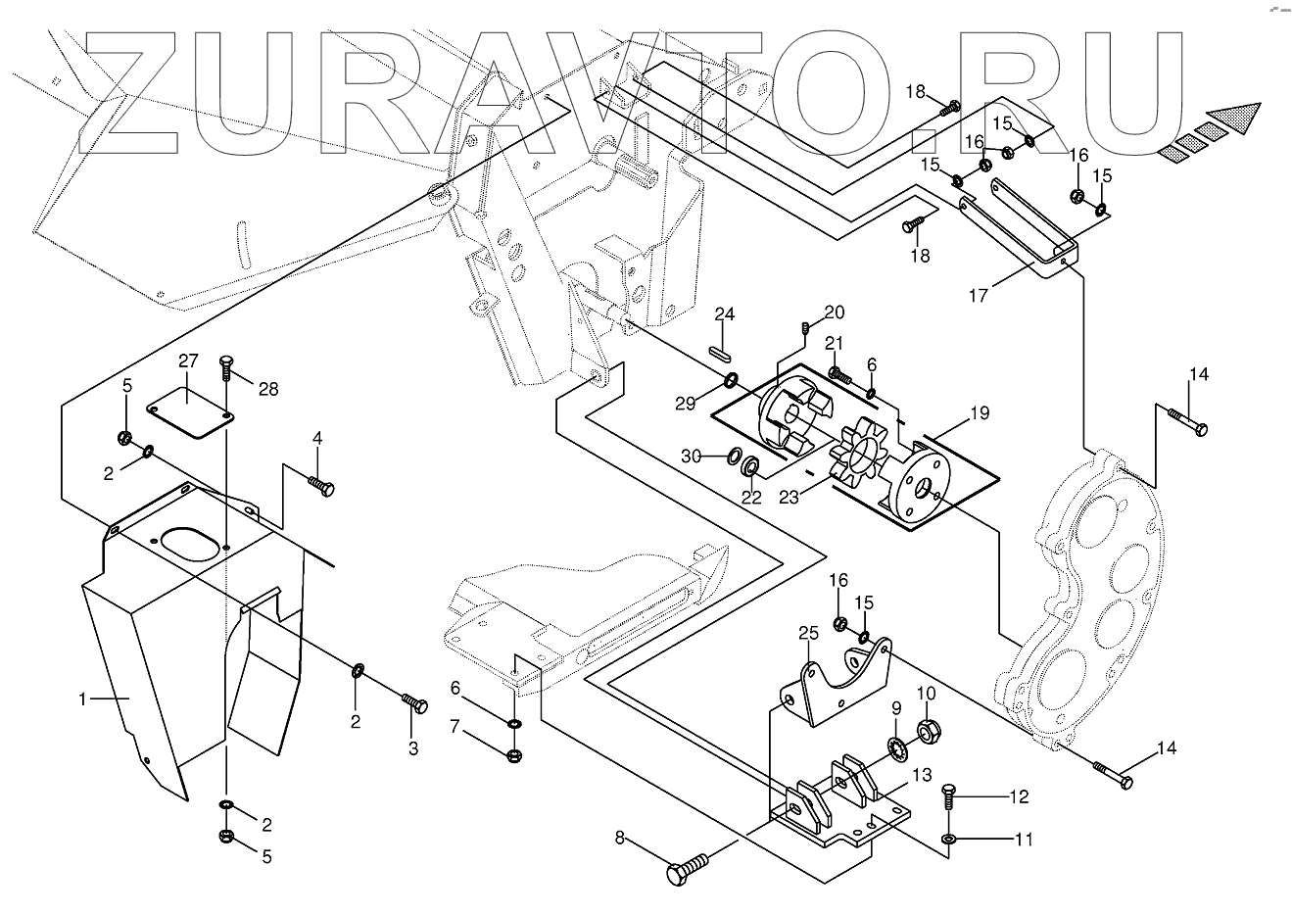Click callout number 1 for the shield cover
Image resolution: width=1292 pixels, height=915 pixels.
(84, 698)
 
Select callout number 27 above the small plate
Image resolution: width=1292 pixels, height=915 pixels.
(188, 360)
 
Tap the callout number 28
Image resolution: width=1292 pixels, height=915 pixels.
(267, 389)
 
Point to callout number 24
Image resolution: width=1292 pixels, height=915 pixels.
(724, 314)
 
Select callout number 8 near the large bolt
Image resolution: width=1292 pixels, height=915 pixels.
(619, 838)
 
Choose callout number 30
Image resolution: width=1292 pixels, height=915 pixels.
(691, 456)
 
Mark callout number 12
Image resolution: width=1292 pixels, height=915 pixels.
(1019, 796)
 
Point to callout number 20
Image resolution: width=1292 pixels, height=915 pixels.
(834, 312)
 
